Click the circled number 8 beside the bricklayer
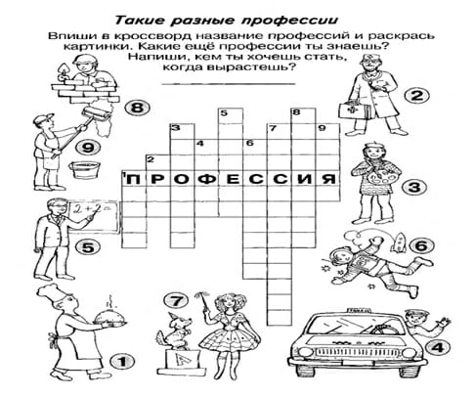click(x=137, y=108)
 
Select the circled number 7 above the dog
click(x=176, y=301)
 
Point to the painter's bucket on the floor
click(x=84, y=169)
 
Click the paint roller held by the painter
click(x=97, y=115)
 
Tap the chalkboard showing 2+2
click(x=94, y=217)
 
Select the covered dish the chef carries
click(x=109, y=319)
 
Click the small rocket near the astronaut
click(x=399, y=243)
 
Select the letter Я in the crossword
click(x=327, y=179)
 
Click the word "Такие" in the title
click(x=140, y=21)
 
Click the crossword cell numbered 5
click(x=231, y=116)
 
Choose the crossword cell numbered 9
click(x=327, y=131)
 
